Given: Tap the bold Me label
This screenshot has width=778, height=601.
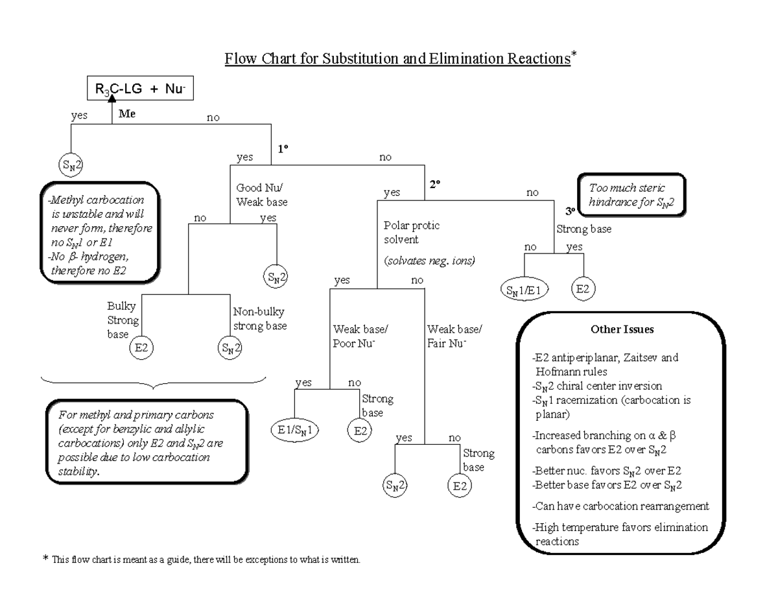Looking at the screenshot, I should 126,113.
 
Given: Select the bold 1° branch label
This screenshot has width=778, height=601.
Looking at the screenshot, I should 283,148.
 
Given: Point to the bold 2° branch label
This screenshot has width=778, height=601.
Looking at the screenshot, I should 434,184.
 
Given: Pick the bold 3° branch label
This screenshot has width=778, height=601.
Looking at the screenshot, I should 570,211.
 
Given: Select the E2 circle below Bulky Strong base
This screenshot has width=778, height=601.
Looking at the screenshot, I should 140,348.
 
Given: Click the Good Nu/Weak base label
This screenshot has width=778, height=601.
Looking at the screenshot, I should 262,194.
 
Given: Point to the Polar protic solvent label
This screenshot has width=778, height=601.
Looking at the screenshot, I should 411,233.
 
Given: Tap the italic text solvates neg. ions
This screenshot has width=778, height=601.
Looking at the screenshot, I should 430,261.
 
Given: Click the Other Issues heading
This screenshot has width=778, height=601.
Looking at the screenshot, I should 622,329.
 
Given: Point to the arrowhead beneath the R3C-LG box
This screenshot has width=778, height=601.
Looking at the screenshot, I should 113,98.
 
